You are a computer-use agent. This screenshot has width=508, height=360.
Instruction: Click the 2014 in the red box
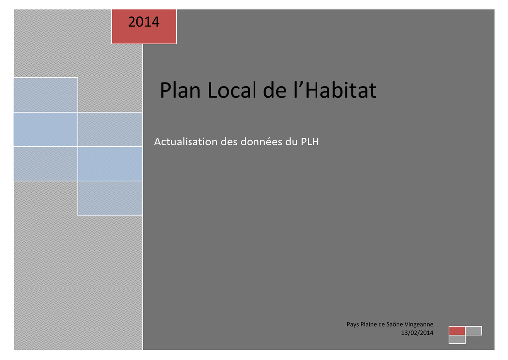point(144,22)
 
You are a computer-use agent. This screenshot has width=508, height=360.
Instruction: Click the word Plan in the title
point(181,90)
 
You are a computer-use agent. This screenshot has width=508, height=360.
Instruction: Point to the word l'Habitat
point(335,90)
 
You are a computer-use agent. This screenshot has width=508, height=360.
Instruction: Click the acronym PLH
point(310,142)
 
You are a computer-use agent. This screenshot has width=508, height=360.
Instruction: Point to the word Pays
point(353,324)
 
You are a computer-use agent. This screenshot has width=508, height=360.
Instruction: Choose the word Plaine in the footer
point(369,324)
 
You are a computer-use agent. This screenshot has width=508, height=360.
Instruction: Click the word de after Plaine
point(381,324)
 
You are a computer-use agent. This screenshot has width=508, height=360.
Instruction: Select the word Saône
point(394,324)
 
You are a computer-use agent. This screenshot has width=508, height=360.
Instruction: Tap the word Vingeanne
point(419,324)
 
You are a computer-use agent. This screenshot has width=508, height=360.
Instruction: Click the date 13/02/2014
point(417,333)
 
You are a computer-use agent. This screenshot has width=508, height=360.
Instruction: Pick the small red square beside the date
point(457,331)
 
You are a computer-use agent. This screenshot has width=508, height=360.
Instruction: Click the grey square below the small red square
point(457,339)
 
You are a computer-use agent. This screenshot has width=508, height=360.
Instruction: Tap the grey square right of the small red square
point(474,331)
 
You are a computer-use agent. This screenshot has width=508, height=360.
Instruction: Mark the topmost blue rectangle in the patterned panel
point(46,95)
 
